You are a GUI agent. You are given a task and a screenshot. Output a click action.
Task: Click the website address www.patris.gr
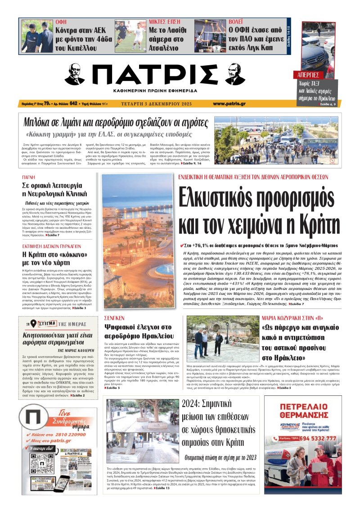pyautogui.click(x=229, y=104)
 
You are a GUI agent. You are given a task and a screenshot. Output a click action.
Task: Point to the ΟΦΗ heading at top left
pyautogui.click(x=61, y=22)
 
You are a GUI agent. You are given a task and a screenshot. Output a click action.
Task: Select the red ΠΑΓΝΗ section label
pyautogui.click(x=29, y=178)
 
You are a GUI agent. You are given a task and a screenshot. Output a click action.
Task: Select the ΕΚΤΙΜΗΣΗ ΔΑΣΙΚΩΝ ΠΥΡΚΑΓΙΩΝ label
pyautogui.click(x=51, y=246)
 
